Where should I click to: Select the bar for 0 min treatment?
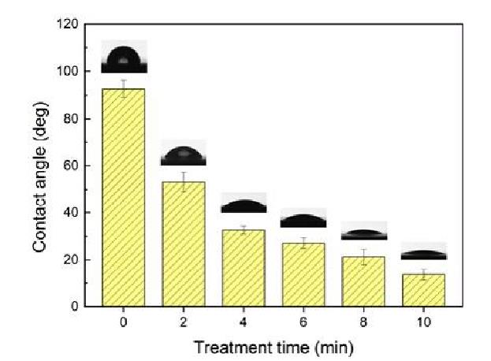[123, 197]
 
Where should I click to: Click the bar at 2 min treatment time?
[183, 244]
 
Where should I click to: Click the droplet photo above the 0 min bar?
[123, 60]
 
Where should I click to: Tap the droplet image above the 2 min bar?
[183, 153]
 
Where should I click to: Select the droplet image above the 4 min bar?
[243, 203]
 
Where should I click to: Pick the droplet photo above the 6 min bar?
[303, 219]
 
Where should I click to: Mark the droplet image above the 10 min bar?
[423, 251]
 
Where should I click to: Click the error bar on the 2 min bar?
[183, 182]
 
